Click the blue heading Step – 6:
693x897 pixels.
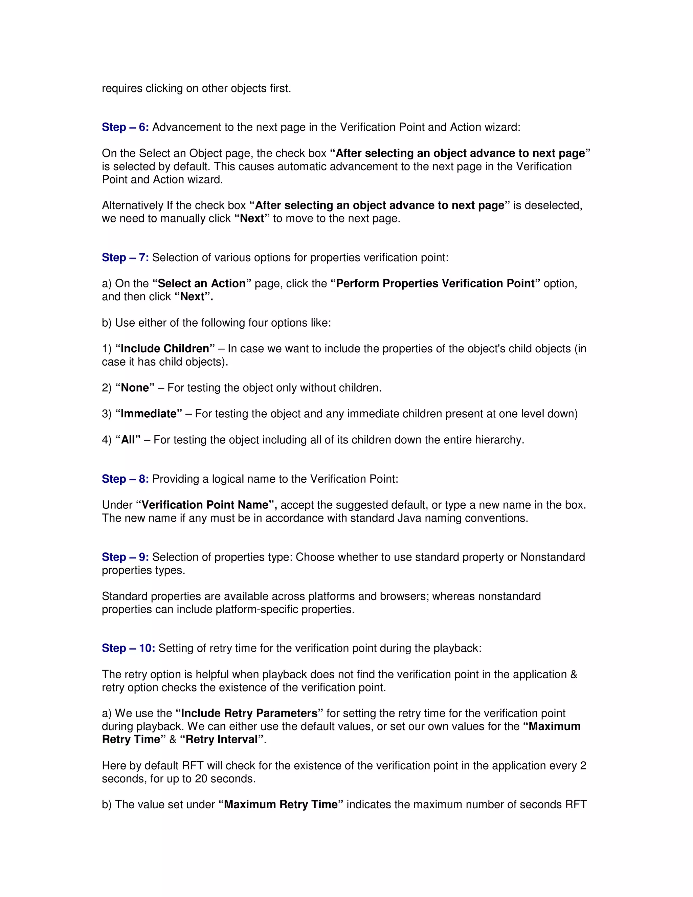(125, 127)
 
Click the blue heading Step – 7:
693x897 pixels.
(125, 258)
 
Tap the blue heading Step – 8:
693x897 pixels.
(125, 479)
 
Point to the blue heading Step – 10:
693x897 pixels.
(129, 648)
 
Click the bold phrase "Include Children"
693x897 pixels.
(165, 349)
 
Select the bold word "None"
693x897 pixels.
(135, 388)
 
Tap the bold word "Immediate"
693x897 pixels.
(149, 414)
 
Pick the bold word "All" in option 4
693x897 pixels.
(128, 440)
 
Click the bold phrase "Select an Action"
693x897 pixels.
(202, 283)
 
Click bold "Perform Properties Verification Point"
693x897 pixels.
(435, 283)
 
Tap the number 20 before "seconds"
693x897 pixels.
(201, 779)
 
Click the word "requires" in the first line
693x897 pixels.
(122, 89)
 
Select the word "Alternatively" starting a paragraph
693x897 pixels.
(133, 205)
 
